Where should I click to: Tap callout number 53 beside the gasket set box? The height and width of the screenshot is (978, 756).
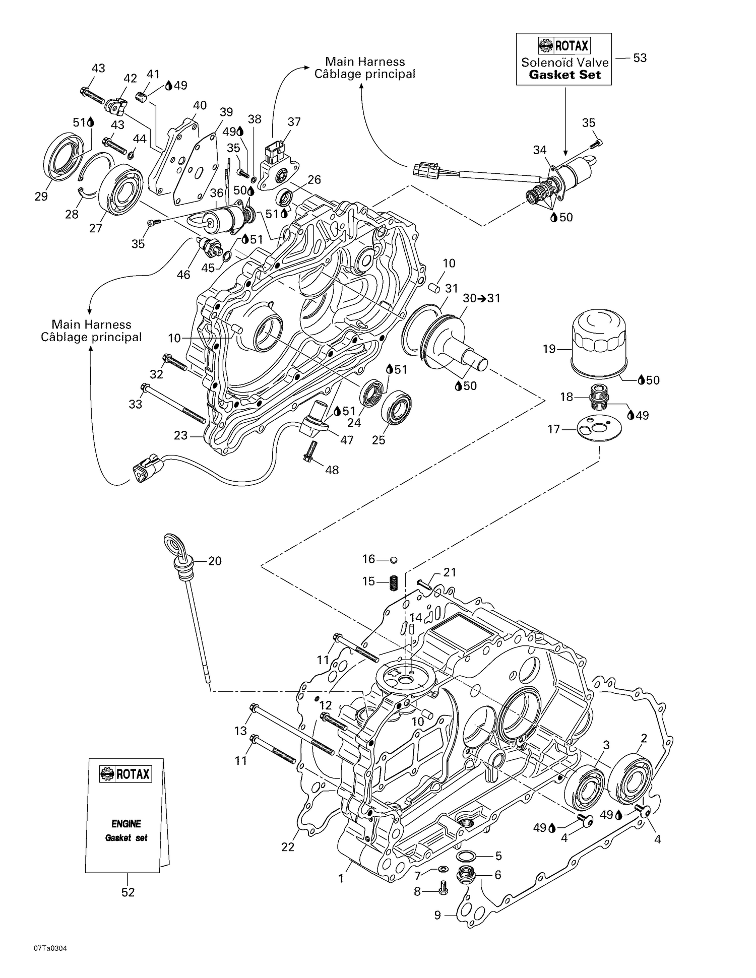pyautogui.click(x=640, y=58)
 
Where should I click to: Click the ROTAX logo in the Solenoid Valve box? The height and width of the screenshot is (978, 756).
pyautogui.click(x=564, y=46)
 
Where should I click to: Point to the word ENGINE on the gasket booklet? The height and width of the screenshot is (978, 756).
pyautogui.click(x=126, y=824)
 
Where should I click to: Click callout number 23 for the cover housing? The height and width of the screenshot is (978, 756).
pyautogui.click(x=181, y=435)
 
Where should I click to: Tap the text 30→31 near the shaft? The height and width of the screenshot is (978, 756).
pyautogui.click(x=481, y=298)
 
